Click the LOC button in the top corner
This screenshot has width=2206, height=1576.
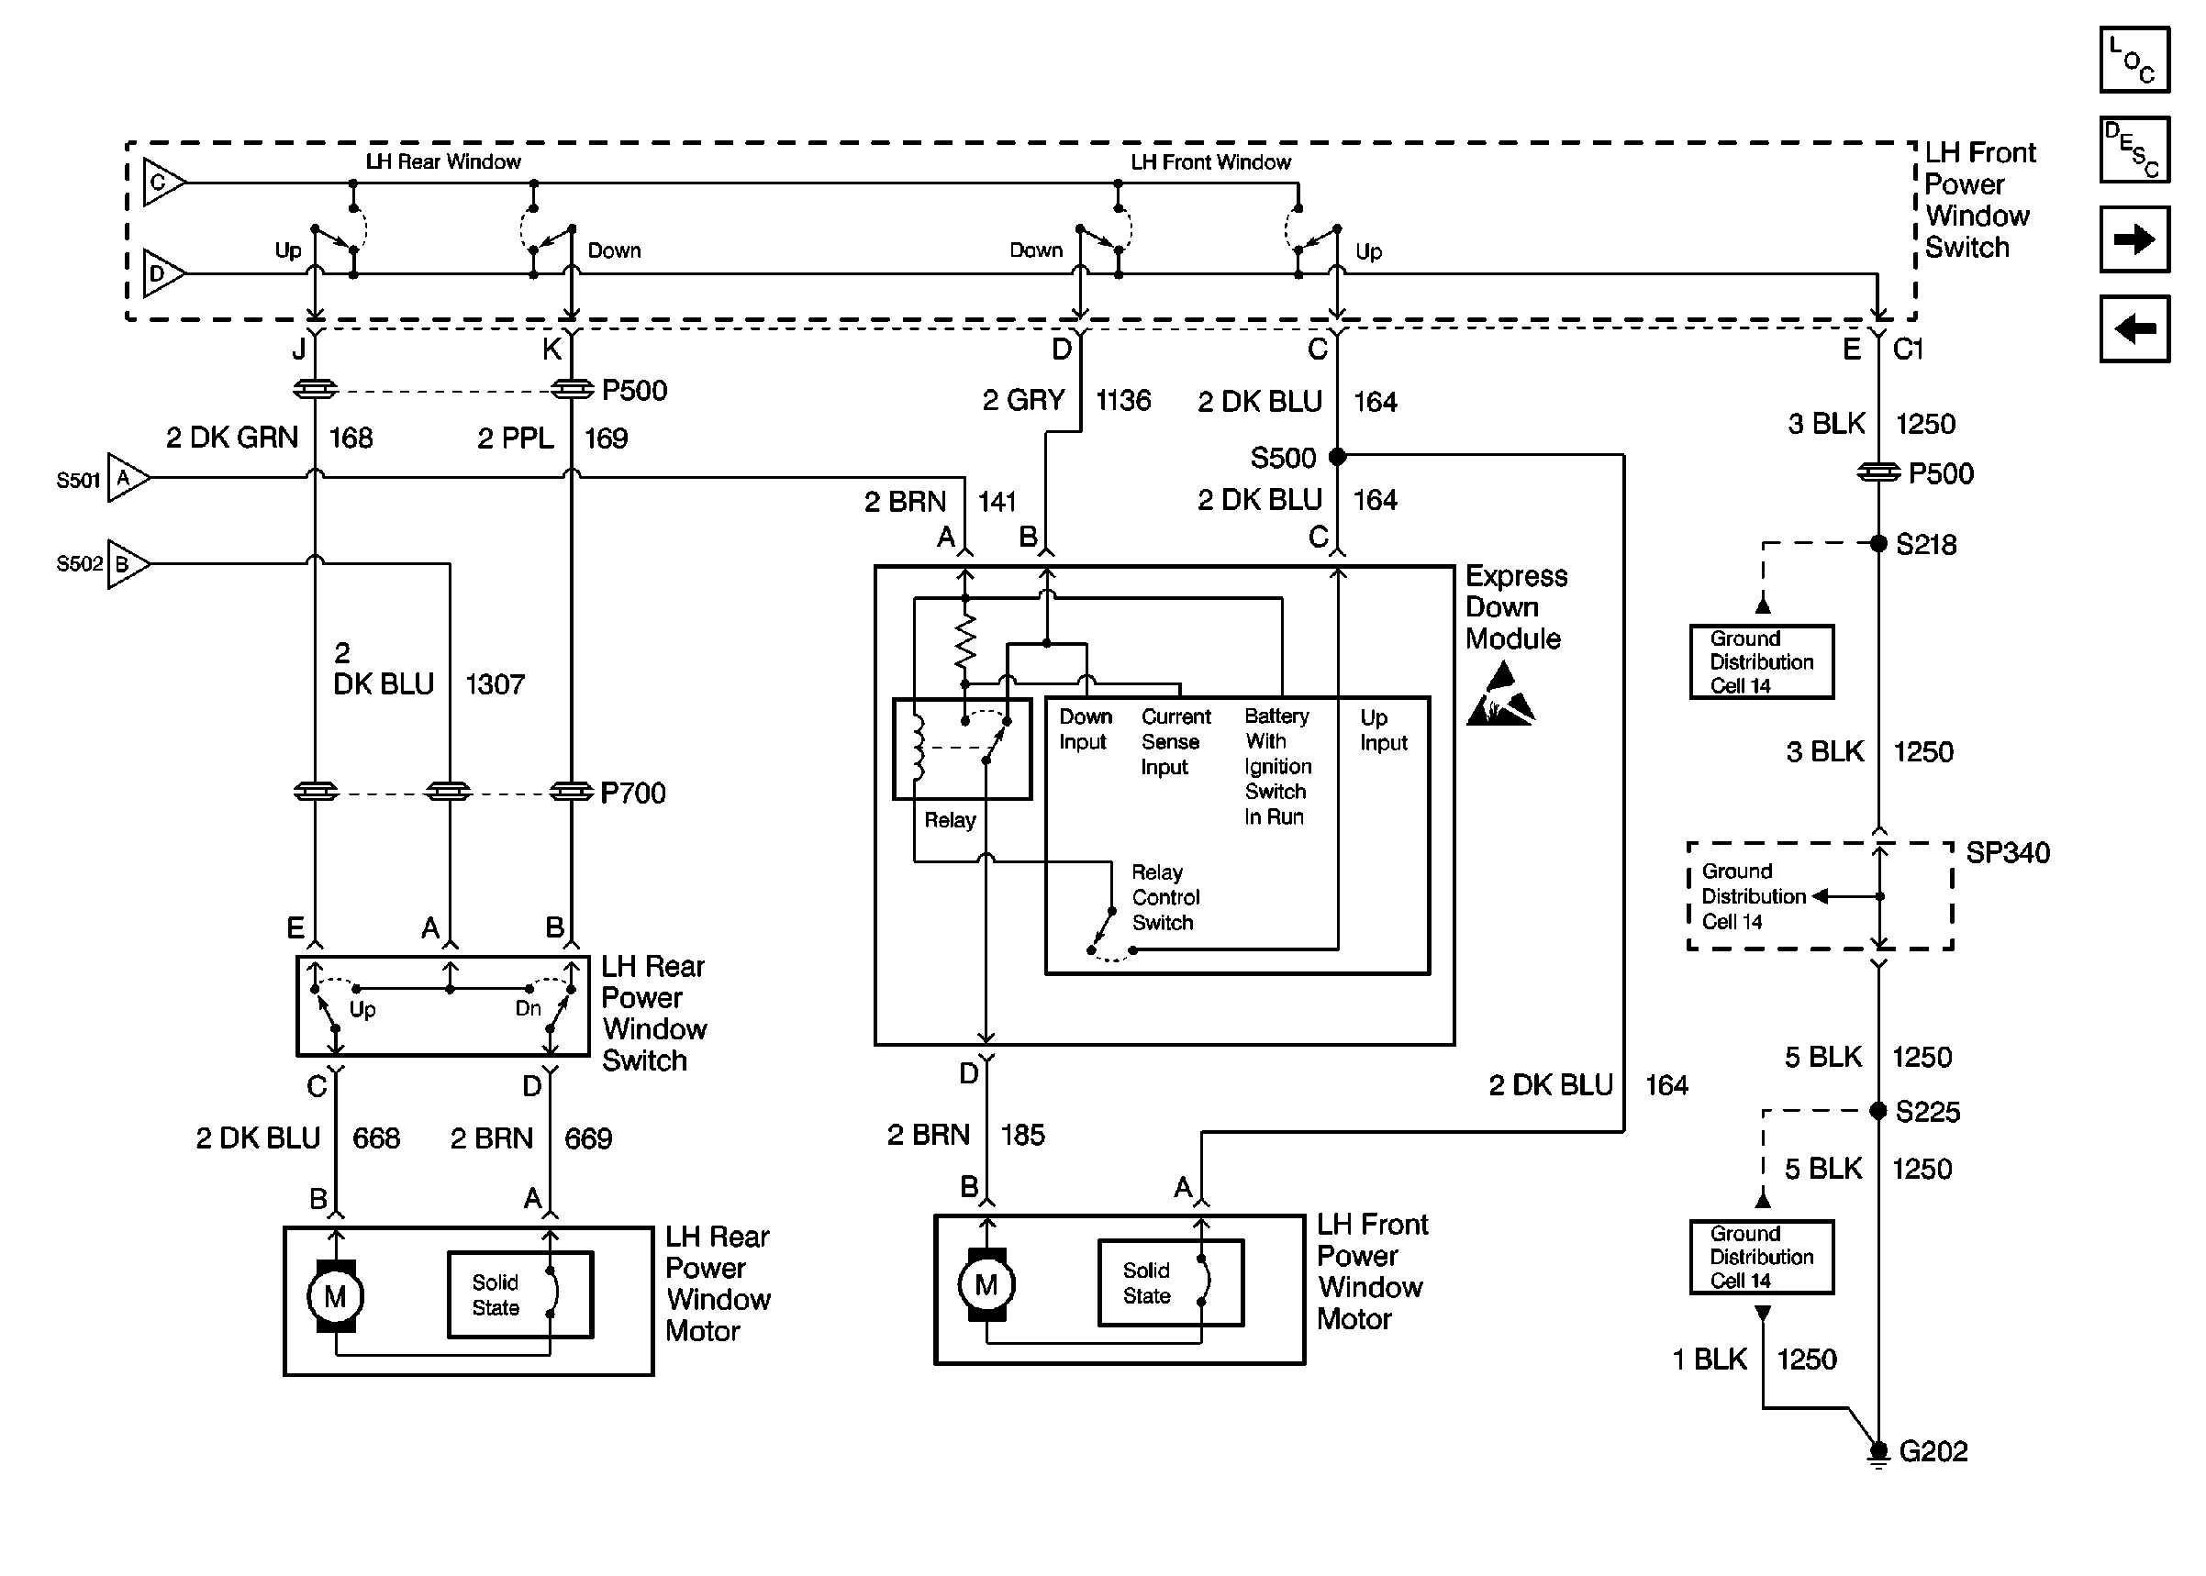coord(2134,61)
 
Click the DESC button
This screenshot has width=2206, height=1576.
coord(2134,150)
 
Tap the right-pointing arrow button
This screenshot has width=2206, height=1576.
coord(2134,239)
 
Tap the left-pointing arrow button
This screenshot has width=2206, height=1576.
coord(2134,329)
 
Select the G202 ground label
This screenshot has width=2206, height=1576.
coord(1933,1452)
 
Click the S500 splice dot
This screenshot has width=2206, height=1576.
coord(1337,456)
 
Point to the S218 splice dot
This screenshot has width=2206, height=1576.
coord(1878,543)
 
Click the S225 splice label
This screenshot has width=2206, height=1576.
coord(1927,1112)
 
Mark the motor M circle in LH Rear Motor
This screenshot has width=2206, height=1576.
coord(335,1296)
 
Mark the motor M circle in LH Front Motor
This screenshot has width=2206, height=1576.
coord(986,1285)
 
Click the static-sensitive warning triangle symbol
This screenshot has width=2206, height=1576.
coord(1500,697)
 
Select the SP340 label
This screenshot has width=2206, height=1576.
coord(2007,853)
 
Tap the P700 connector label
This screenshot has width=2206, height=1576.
coord(633,794)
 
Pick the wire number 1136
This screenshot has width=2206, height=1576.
coord(1123,401)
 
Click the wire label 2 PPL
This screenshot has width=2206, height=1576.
coord(516,438)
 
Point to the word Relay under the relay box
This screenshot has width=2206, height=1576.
coord(949,821)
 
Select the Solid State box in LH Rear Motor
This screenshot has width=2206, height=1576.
coord(520,1295)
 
